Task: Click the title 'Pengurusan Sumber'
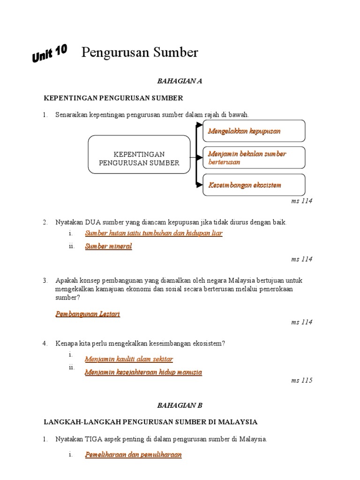point(140,52)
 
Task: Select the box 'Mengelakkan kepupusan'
point(254,131)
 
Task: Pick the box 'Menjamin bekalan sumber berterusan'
point(254,158)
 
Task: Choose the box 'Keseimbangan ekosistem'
point(254,185)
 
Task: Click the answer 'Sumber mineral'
point(108,247)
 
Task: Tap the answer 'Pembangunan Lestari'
point(88,314)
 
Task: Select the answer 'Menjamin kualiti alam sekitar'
point(129,359)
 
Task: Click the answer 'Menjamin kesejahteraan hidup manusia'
point(143,372)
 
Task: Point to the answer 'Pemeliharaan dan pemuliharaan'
point(133,455)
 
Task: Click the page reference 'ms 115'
point(301,380)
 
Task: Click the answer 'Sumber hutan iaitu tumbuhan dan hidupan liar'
point(154,233)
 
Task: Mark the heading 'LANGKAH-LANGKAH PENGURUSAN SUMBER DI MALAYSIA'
point(150,422)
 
